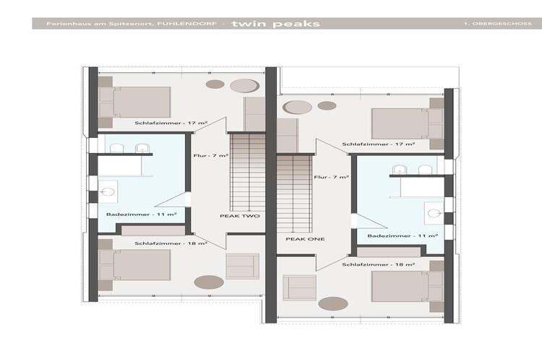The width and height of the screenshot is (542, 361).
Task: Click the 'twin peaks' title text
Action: tap(275, 24)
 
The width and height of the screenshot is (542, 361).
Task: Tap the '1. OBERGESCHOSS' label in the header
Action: tap(498, 24)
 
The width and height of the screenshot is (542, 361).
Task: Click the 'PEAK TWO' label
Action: tap(240, 216)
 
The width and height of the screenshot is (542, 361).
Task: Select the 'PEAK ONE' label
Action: tap(305, 239)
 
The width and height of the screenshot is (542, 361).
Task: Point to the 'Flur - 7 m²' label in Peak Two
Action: tap(211, 156)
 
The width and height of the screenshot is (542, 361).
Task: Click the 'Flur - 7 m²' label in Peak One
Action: tap(331, 177)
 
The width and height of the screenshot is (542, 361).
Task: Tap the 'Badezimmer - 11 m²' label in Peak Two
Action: tap(142, 214)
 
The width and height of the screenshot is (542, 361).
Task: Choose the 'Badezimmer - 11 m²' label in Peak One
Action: tap(403, 236)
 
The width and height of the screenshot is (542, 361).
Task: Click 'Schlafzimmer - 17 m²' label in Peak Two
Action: tap(171, 123)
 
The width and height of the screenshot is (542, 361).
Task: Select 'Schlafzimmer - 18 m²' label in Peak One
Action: tap(379, 265)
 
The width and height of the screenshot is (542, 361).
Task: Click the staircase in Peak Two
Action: tap(248, 173)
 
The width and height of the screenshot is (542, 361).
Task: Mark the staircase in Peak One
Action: tap(294, 193)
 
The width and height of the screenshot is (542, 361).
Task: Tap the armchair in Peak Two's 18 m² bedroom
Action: tap(242, 266)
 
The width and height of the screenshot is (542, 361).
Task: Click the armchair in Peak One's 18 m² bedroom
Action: tap(299, 287)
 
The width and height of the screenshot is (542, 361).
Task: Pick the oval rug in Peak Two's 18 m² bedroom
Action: tap(209, 282)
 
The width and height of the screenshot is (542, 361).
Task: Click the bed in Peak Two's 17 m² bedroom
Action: tap(135, 103)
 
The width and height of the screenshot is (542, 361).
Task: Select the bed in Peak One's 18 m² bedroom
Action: tap(408, 287)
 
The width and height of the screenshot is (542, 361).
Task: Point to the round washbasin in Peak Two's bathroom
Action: tap(108, 192)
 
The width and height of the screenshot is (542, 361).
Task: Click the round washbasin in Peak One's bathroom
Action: tap(434, 214)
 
